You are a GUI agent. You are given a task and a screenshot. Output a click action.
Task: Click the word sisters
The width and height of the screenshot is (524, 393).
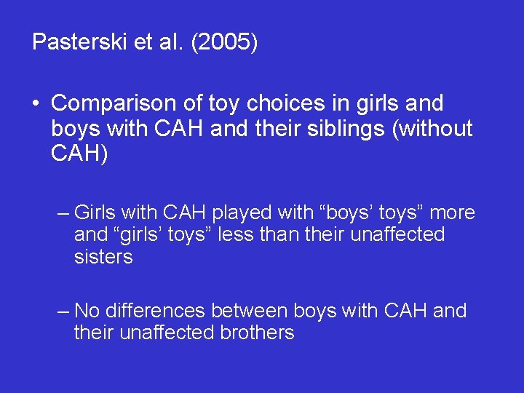click(103, 257)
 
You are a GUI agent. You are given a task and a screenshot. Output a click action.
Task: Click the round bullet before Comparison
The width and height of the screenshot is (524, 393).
click(36, 104)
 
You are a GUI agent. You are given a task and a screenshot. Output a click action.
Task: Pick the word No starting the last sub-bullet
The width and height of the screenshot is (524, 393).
click(87, 311)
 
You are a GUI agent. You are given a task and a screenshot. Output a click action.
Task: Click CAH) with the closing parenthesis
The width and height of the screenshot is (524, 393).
click(79, 154)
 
